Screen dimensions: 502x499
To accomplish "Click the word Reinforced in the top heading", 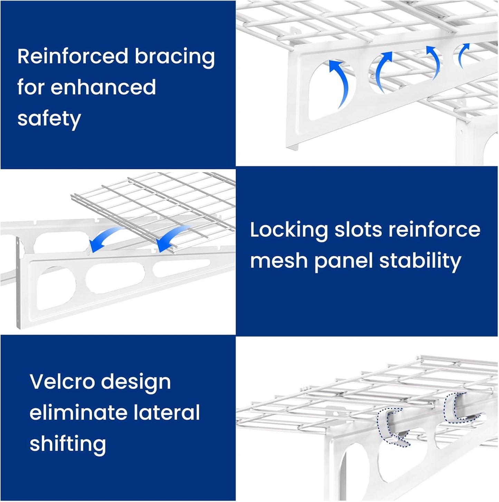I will (73, 56).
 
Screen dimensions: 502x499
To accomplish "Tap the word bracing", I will (175, 57).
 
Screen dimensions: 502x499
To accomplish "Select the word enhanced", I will (103, 87).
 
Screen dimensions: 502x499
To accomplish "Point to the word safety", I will (49, 119).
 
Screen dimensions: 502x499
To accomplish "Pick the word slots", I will (358, 230).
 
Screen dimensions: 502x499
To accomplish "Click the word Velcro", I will (62, 382).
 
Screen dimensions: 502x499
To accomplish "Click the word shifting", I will (68, 444).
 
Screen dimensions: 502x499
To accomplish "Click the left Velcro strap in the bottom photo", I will (392, 427).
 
